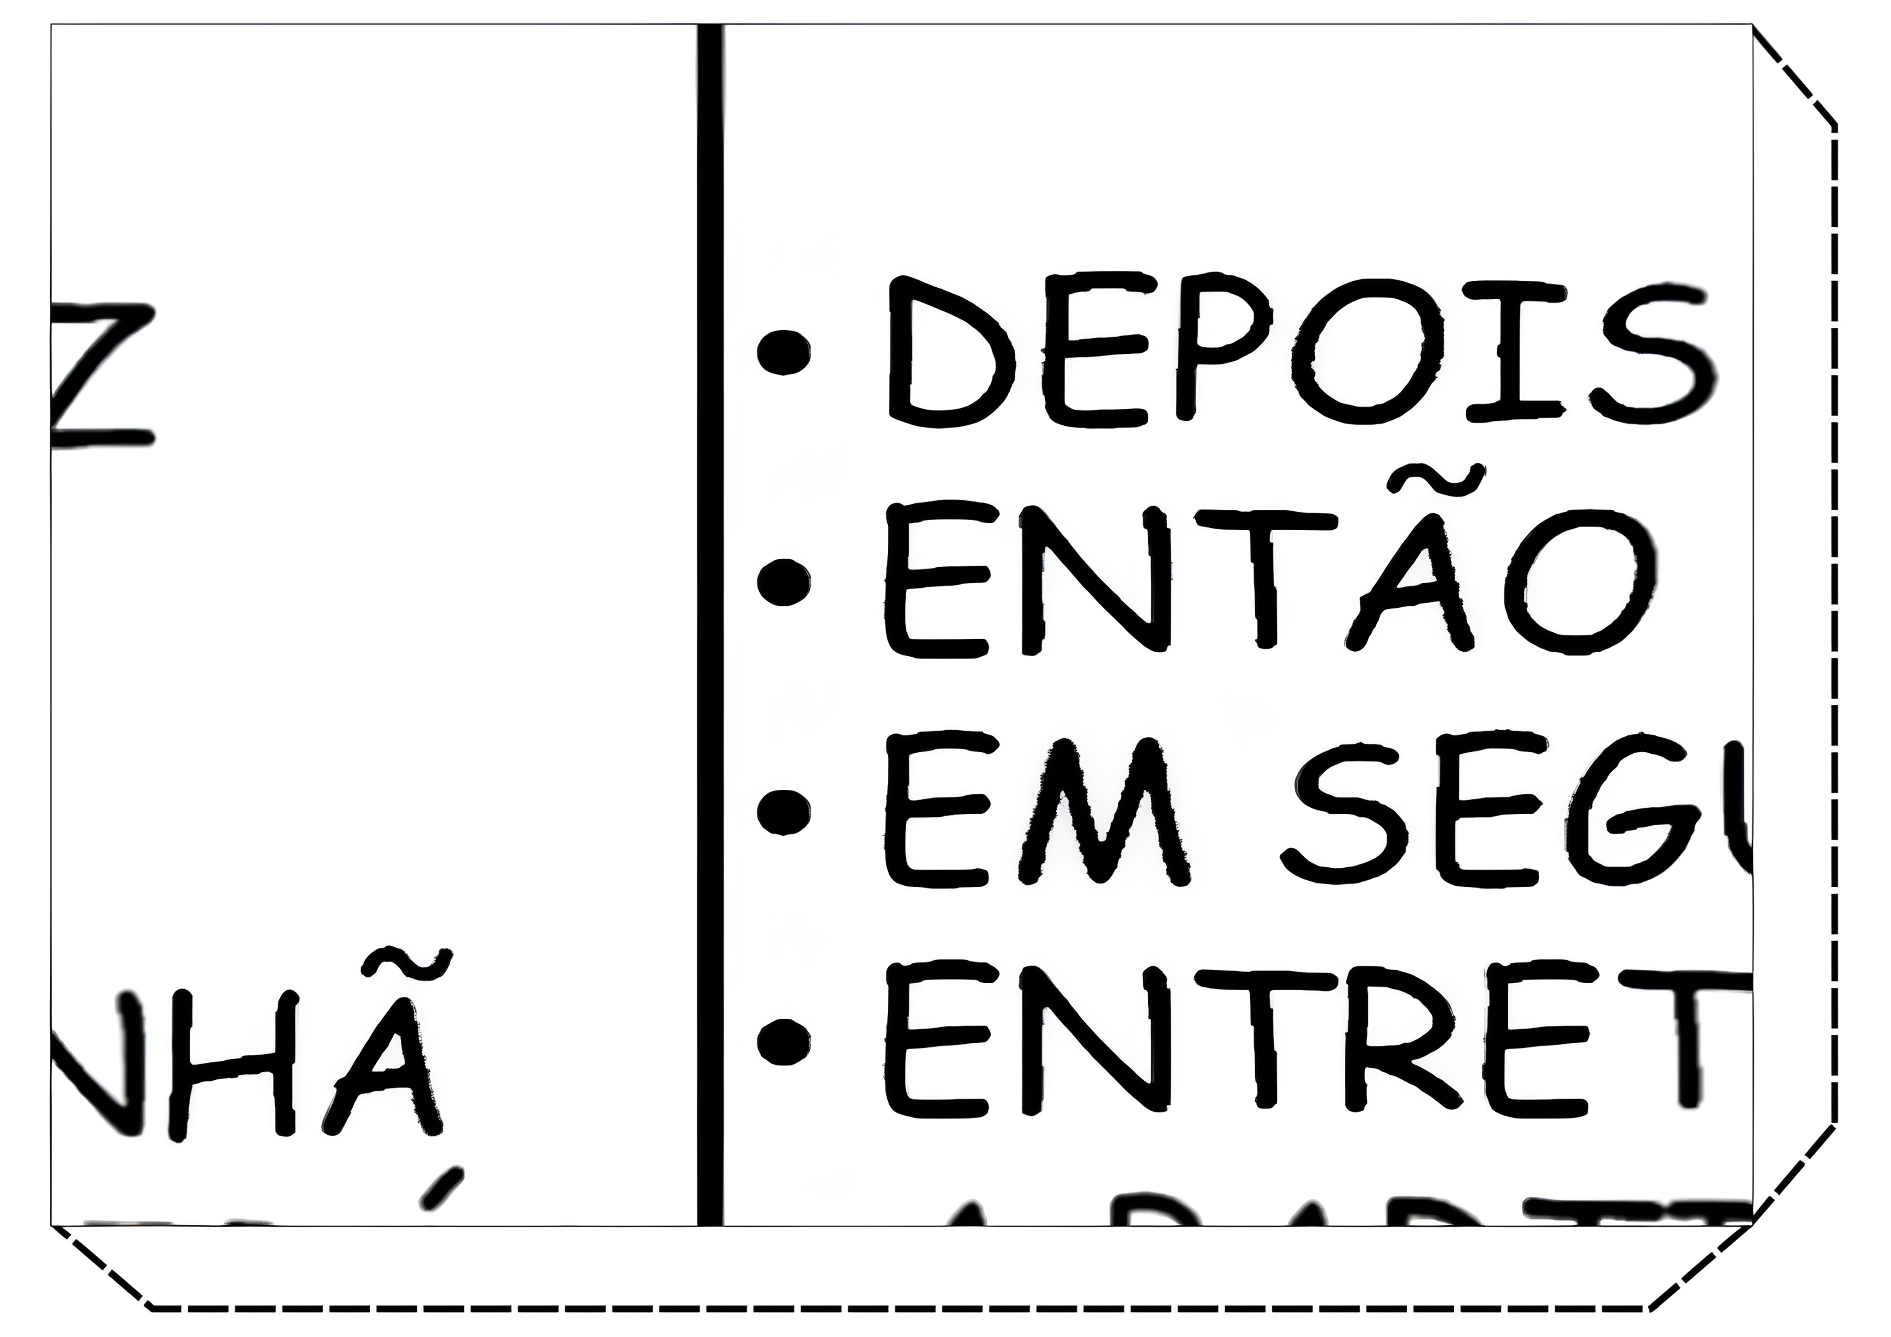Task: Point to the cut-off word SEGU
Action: [x=1516, y=809]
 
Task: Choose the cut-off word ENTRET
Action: [x=1318, y=1040]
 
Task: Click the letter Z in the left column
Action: [x=103, y=375]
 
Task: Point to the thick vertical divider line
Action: [x=710, y=626]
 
